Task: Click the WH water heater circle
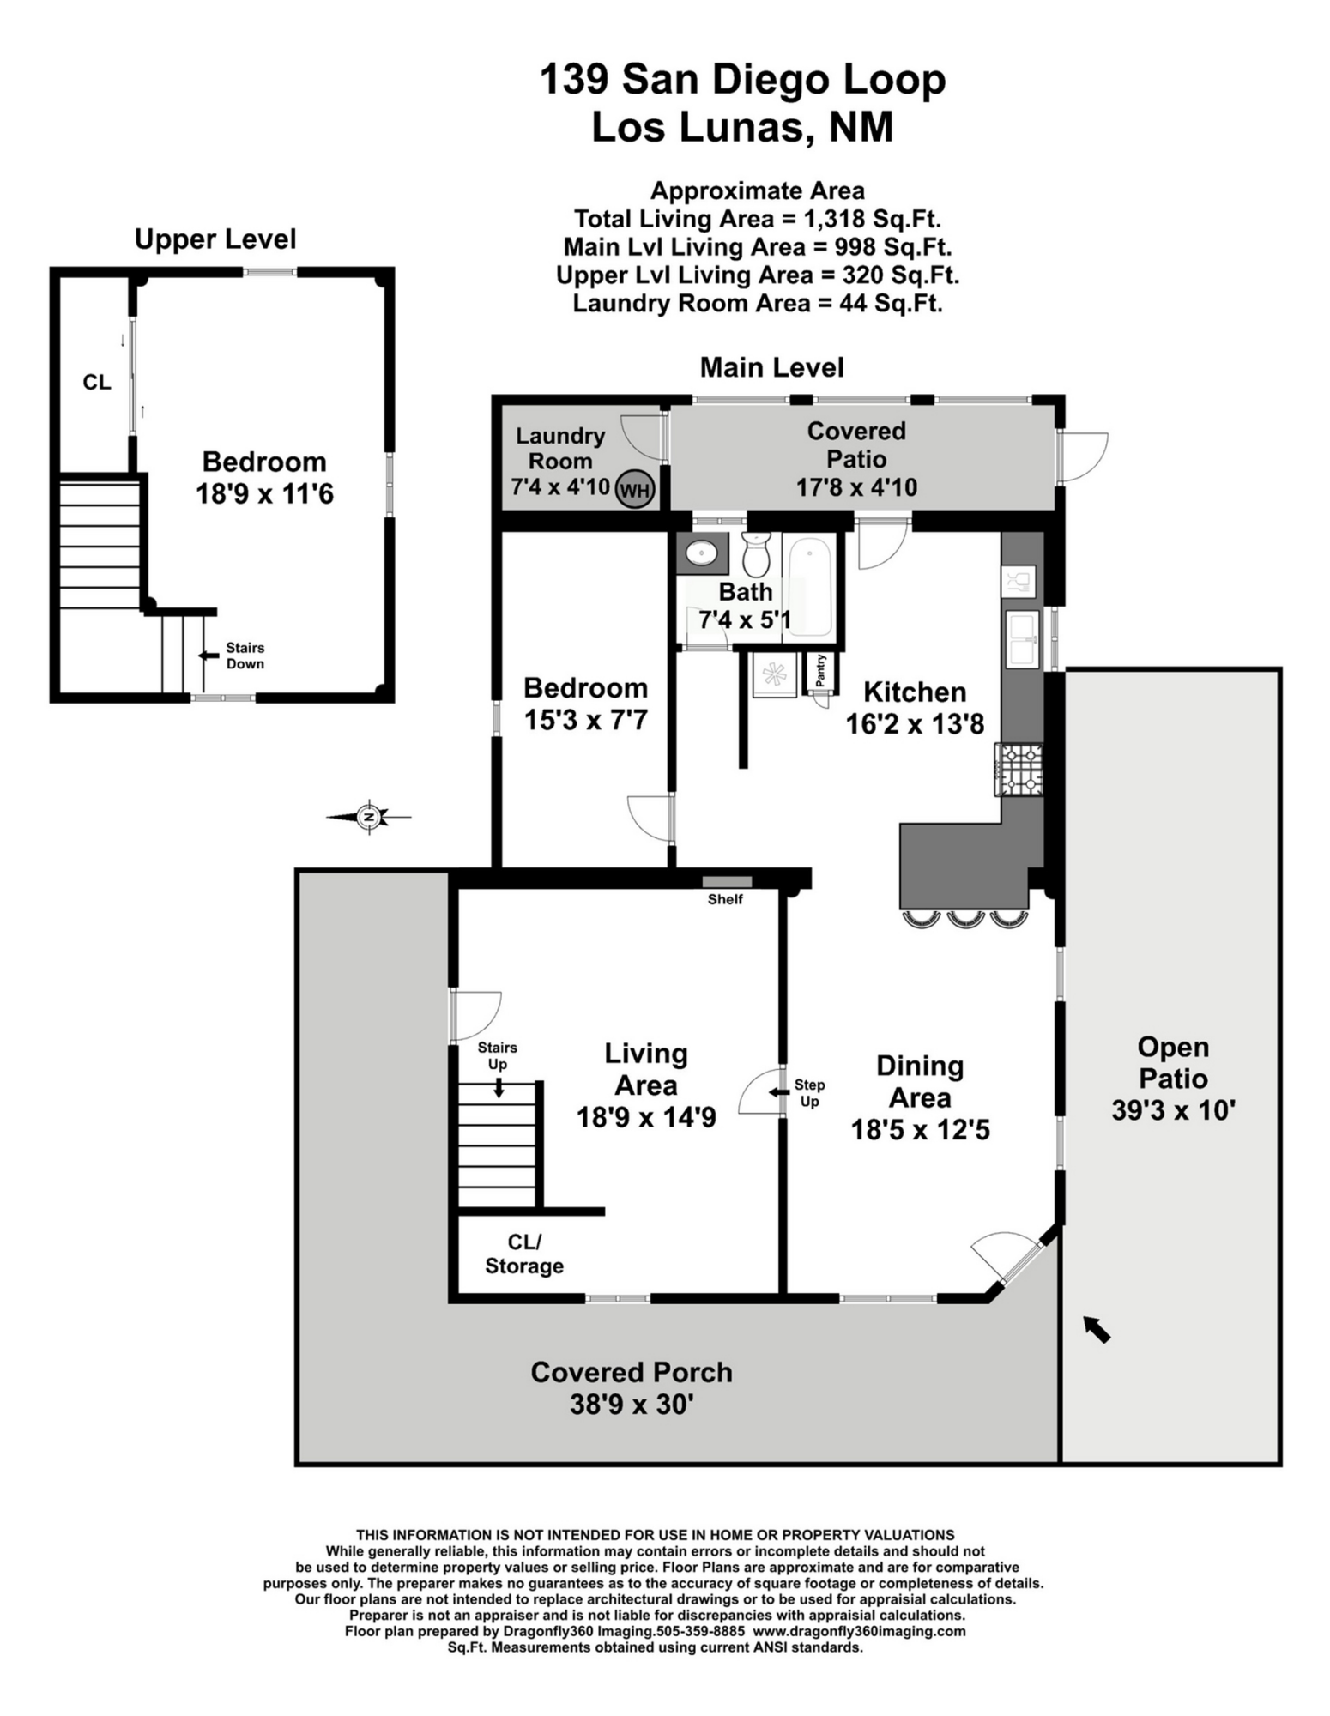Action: coord(635,490)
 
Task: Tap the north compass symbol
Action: coord(369,817)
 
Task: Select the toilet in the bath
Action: coord(756,554)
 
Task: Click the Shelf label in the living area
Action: coord(725,899)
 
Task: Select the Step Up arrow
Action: coord(779,1092)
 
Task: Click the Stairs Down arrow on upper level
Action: coord(209,656)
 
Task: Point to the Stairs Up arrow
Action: coord(499,1087)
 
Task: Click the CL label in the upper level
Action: coord(97,383)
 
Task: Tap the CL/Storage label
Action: coord(524,1254)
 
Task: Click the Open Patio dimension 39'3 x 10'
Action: coord(1173,1110)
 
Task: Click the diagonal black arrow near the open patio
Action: coord(1097,1329)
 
